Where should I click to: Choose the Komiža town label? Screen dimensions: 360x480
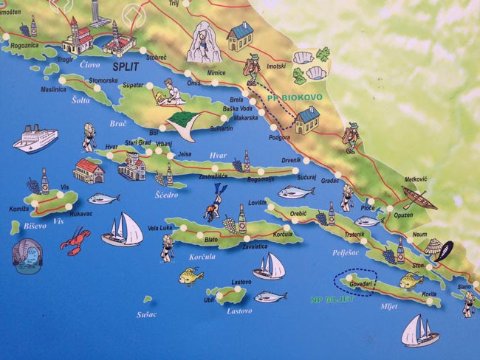point(19,209)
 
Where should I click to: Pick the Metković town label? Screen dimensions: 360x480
point(416,179)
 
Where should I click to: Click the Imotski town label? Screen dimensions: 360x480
point(275,66)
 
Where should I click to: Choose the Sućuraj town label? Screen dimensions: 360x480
point(306,177)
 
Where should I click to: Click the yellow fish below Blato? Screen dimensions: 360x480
point(191,277)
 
